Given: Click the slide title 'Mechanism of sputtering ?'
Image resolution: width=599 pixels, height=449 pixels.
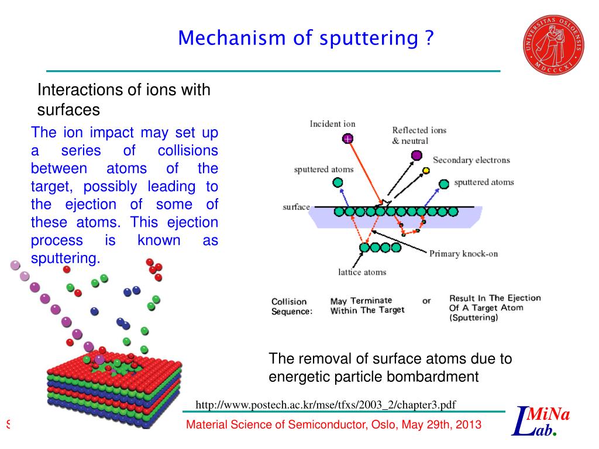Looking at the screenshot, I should (307, 39).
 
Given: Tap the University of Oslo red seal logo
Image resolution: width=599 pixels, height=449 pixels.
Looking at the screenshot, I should (553, 44).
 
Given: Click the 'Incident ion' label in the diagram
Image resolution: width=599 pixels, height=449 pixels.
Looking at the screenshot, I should (332, 124).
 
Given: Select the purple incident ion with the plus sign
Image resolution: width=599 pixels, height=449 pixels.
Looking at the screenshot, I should (348, 139).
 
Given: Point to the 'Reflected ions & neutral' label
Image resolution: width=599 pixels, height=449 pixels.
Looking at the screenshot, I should (419, 136).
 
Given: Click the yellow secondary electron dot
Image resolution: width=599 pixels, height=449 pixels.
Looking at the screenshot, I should (426, 171).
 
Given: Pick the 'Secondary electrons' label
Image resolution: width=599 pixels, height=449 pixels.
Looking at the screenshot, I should (471, 160).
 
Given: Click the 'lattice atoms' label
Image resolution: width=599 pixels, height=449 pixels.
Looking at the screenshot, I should (362, 272).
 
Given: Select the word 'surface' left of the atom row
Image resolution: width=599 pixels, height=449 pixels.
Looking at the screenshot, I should (296, 208).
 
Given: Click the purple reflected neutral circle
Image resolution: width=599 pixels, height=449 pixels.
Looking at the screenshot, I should (416, 155).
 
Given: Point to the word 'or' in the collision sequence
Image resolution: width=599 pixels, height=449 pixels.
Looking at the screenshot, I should (426, 301).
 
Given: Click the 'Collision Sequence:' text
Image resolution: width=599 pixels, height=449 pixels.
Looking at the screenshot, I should (291, 306).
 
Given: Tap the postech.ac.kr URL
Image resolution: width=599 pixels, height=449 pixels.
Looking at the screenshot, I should (325, 405).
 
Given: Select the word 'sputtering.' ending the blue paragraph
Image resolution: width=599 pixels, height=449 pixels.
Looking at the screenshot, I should (66, 258).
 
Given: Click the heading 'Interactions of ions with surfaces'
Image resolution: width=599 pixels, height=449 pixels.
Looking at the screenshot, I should (123, 99).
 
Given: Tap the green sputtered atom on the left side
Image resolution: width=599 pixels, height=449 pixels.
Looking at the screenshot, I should (338, 182).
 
